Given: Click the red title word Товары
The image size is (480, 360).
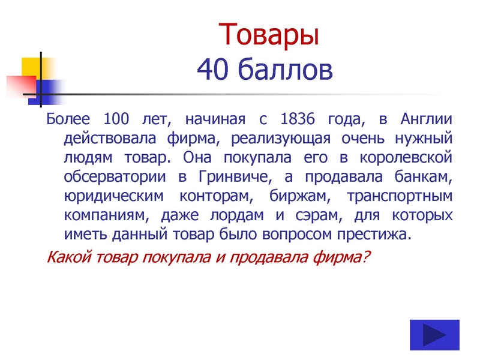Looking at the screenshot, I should [x=269, y=35].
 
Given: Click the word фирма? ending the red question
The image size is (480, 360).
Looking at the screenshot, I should [x=344, y=257].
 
